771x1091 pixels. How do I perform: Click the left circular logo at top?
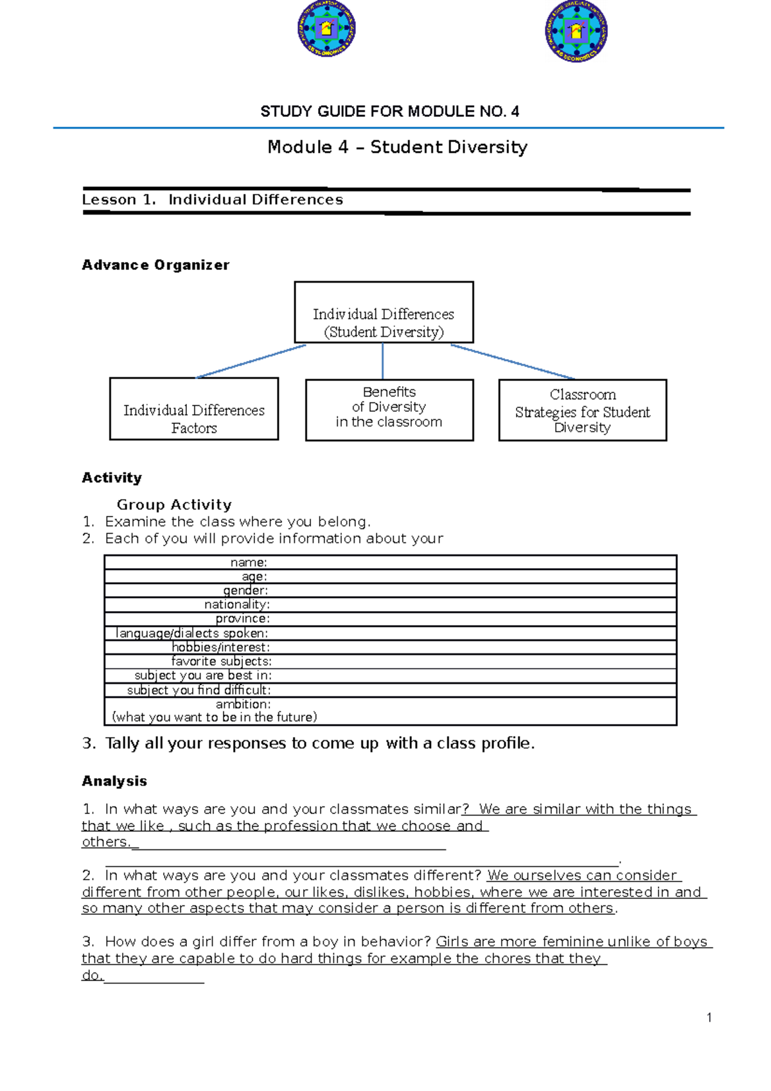coord(326,29)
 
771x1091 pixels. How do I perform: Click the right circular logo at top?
coord(576,31)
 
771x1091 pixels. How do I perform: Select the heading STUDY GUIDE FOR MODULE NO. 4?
coord(389,112)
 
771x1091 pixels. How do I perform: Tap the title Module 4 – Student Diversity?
coord(397,147)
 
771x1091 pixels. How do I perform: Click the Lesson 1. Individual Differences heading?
coord(212,200)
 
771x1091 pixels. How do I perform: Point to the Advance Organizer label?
coord(155,265)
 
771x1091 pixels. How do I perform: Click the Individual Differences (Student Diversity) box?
coord(384,313)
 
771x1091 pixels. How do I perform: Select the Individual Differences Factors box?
coord(193,409)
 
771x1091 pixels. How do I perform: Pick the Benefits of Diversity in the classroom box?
coord(389,409)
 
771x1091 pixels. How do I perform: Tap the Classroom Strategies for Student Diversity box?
coord(582,410)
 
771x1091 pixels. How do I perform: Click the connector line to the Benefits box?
coord(383,361)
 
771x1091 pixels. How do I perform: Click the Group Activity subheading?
coord(174,505)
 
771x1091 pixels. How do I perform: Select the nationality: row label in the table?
coord(236,605)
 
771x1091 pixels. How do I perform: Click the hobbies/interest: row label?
coord(220,647)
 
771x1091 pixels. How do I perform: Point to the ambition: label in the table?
coord(243,704)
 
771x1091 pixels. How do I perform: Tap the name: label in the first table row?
coord(249,562)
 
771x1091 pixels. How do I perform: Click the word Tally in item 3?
coord(122,743)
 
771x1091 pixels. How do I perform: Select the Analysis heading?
coord(114,781)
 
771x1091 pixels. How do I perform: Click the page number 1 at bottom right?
coord(709,1018)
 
